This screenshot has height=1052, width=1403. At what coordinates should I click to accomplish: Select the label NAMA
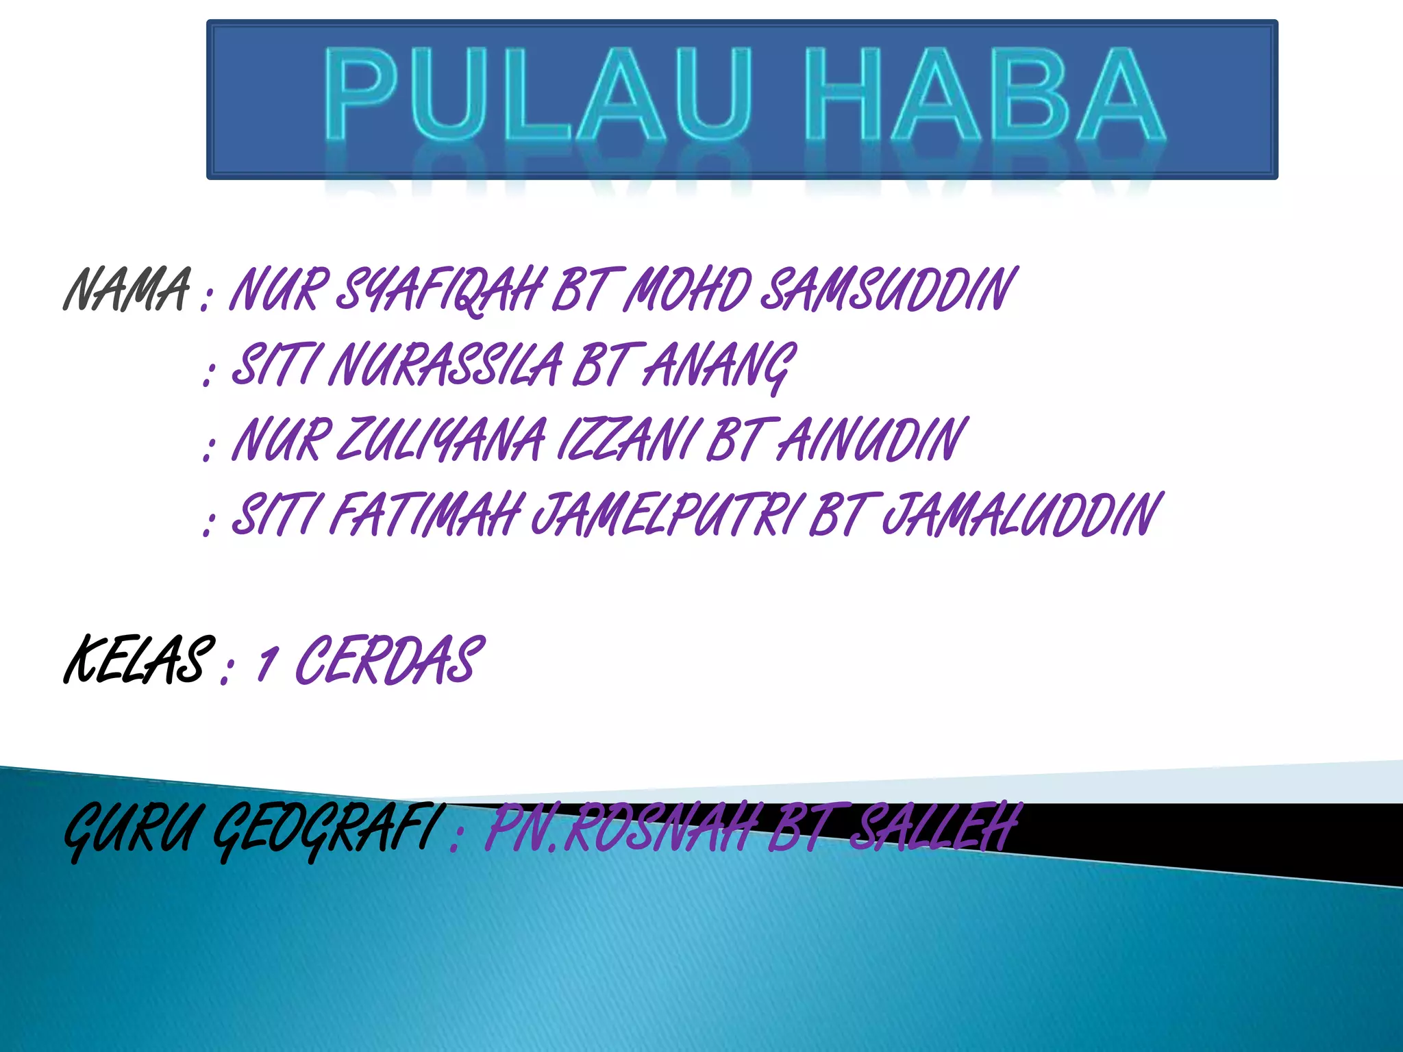(127, 290)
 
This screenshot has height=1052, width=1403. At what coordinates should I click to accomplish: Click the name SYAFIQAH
(442, 290)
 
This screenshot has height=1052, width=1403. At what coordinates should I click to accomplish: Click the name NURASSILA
(445, 365)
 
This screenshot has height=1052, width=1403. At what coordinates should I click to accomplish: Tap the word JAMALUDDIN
(1021, 515)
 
